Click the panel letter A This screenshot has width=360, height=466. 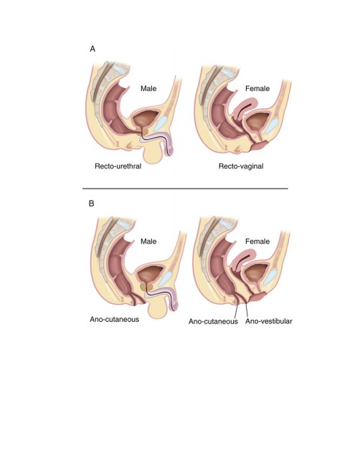93,49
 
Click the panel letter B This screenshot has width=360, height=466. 92,204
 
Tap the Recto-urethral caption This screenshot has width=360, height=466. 118,166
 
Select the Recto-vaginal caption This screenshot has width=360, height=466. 241,166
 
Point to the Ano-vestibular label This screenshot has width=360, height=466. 268,321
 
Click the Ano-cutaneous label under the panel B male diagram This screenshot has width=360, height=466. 115,319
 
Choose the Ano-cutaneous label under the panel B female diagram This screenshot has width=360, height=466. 213,321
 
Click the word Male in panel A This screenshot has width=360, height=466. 148,89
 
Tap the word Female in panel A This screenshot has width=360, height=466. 257,89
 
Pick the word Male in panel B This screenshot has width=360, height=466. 148,242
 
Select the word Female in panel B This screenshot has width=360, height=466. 257,242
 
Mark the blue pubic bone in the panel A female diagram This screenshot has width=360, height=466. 271,125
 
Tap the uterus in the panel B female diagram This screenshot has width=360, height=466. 244,259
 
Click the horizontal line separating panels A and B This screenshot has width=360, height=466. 185,189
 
